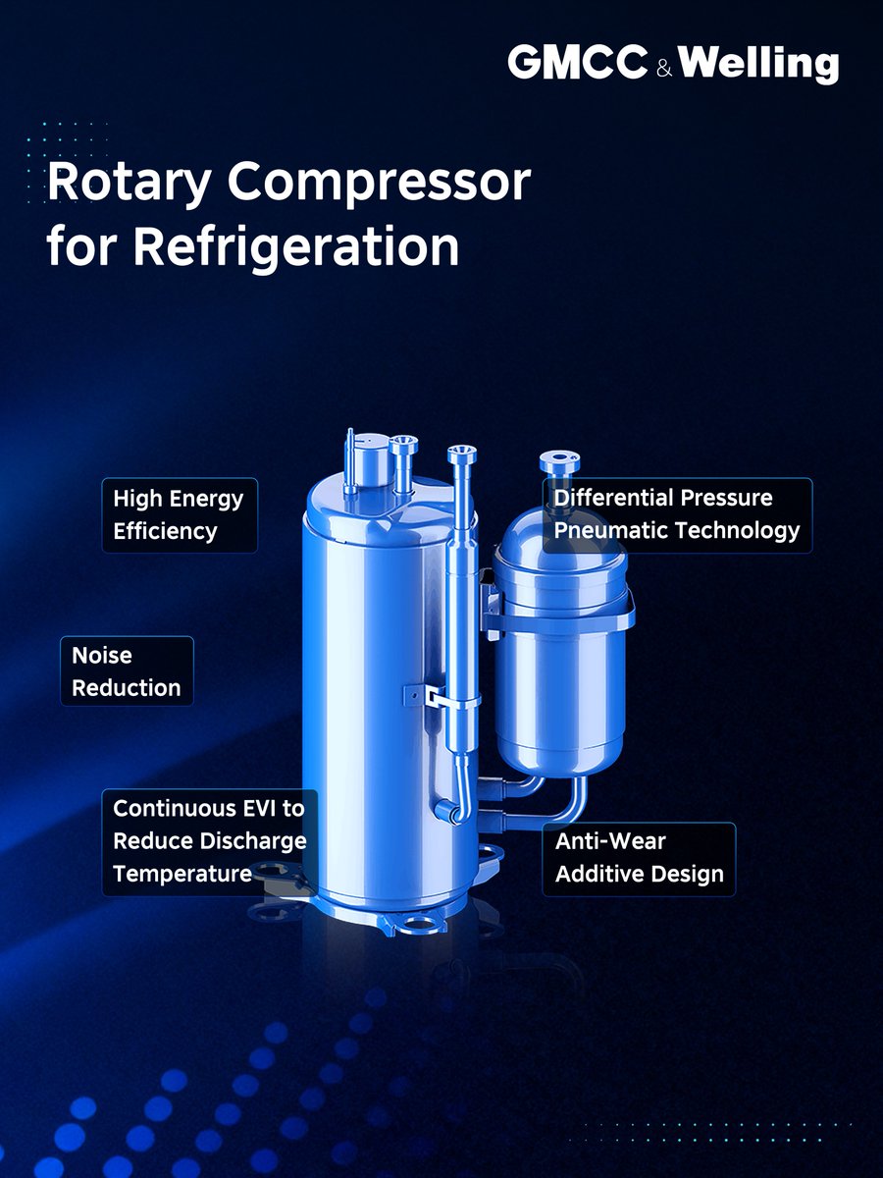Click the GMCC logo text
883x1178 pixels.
(x=577, y=64)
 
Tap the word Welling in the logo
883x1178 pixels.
(x=757, y=65)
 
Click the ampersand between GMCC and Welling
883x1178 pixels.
(x=662, y=69)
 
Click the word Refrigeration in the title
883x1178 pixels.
(x=296, y=246)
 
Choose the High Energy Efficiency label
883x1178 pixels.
(x=179, y=514)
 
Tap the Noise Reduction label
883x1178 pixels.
(x=127, y=671)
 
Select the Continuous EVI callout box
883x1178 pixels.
(x=209, y=841)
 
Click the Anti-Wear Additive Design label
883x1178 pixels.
(x=639, y=858)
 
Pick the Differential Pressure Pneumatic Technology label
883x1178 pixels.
(x=676, y=514)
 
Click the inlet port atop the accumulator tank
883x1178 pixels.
(x=559, y=462)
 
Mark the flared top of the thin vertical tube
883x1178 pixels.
(x=461, y=454)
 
